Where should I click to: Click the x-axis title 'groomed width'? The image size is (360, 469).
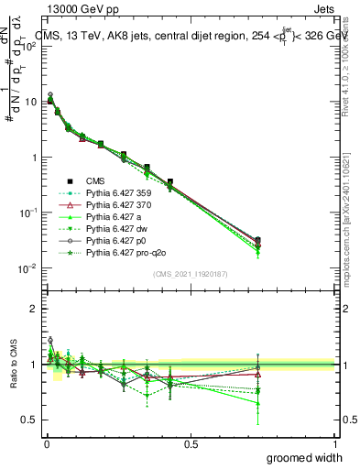point(304,457)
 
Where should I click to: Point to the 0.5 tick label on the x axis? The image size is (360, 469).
point(191,443)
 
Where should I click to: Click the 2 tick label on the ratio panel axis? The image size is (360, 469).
point(33,309)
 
